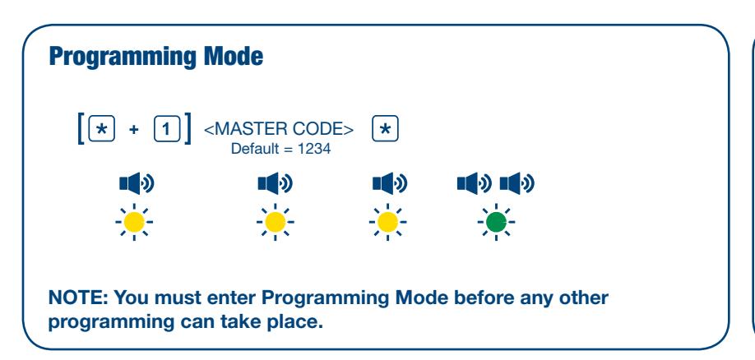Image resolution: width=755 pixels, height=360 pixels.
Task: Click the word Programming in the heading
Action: (123, 58)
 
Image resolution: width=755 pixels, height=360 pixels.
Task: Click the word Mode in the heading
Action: (234, 56)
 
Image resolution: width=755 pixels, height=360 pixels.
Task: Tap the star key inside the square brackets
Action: (102, 128)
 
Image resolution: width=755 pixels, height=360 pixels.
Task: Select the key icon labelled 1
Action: (167, 128)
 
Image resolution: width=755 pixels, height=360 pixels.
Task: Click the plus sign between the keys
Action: (134, 129)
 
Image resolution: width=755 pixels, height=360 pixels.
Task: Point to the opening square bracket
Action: (81, 128)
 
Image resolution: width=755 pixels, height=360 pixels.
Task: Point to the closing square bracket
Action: (188, 128)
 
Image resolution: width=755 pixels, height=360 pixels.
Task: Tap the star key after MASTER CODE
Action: (385, 128)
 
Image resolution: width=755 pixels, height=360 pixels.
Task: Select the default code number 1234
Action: (314, 149)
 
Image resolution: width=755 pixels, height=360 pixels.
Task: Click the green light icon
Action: (496, 222)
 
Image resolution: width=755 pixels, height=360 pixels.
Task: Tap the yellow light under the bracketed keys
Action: (134, 222)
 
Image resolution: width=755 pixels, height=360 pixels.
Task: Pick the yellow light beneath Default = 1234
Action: (275, 222)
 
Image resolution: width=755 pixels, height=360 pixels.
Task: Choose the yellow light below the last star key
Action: (387, 222)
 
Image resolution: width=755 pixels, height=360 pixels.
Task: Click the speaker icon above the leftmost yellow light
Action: (137, 183)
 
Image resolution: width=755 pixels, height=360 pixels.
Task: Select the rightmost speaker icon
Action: (517, 183)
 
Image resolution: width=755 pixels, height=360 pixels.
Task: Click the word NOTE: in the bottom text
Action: (78, 298)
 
